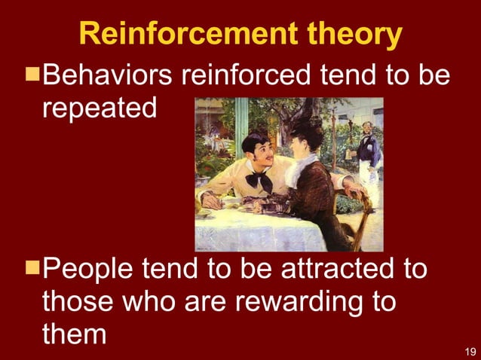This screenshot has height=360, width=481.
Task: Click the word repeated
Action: (x=100, y=108)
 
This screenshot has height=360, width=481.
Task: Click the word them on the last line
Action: (x=74, y=334)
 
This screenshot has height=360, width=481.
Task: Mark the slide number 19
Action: (x=469, y=350)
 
